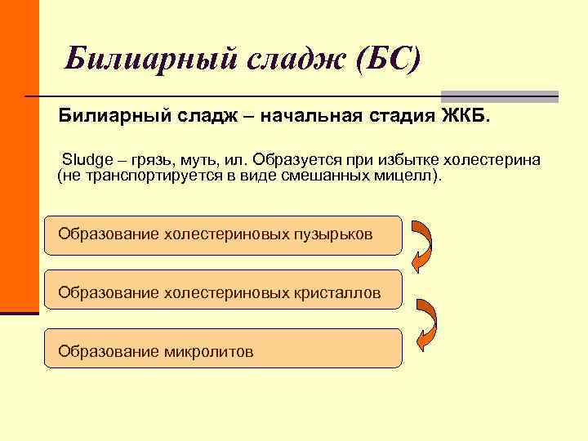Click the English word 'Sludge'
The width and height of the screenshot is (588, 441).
coord(84,158)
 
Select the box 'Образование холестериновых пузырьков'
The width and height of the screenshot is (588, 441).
coord(223,234)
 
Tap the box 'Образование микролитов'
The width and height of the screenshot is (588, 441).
coord(223,351)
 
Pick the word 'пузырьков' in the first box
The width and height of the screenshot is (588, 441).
coord(336,234)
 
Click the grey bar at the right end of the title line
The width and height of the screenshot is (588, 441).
coord(499,96)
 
